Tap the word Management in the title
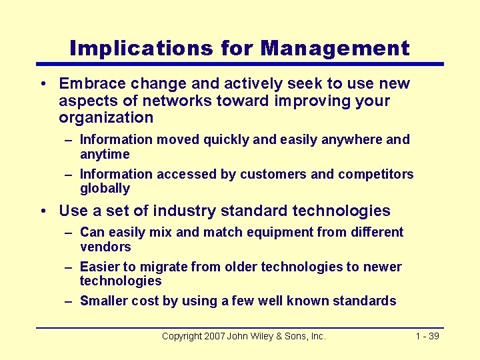point(335,48)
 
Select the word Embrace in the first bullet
point(90,84)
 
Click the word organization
point(106,118)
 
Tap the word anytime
point(105,155)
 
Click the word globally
point(105,189)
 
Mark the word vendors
point(105,247)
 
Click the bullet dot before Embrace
point(42,85)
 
